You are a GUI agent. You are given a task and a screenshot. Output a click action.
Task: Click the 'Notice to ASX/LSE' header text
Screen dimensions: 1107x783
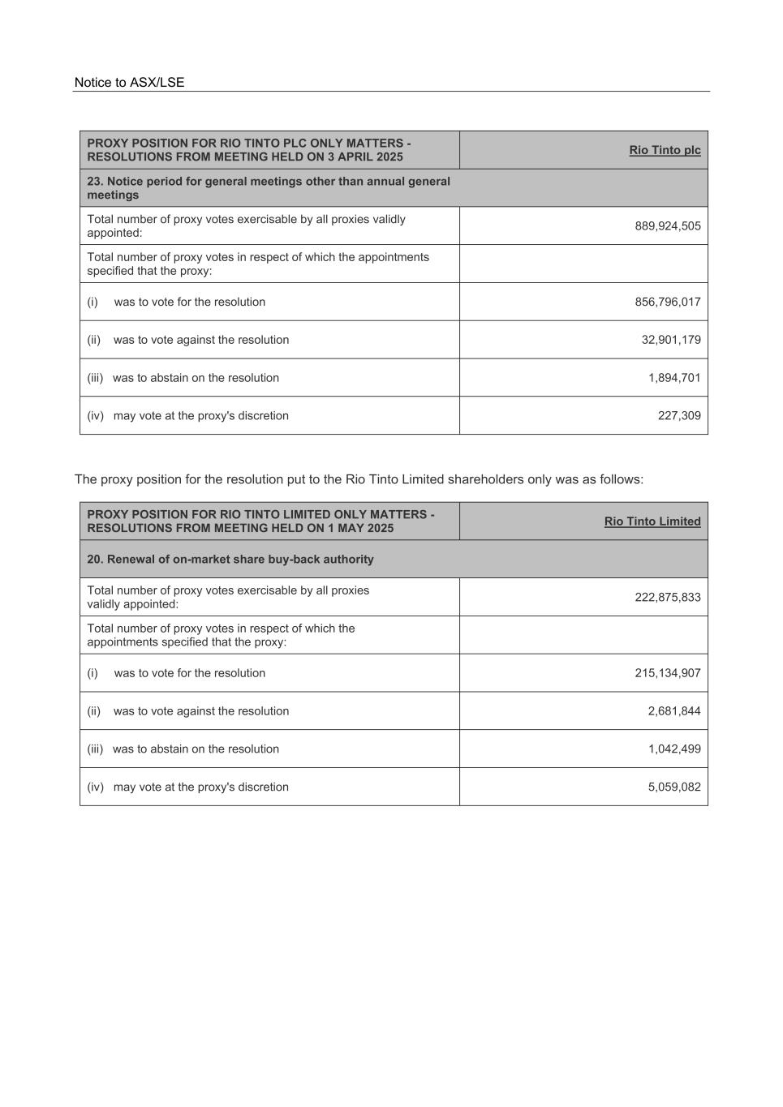coord(129,83)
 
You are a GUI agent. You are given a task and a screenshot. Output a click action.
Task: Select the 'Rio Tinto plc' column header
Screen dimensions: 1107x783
coord(665,150)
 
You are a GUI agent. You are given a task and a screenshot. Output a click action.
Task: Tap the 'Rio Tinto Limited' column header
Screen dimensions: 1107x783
coord(652,521)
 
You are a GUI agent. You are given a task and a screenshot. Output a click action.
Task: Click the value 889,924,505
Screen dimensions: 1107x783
coord(667,226)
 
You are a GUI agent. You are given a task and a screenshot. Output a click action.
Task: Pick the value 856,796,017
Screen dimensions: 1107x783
coord(667,302)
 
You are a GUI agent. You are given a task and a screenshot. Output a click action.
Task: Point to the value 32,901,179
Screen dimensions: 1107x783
coord(670,340)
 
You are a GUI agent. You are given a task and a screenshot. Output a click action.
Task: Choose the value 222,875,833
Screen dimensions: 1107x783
coord(667,598)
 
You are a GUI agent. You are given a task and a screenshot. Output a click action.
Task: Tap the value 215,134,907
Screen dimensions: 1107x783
coord(667,673)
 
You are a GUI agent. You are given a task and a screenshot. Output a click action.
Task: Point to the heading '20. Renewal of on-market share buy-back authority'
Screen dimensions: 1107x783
coord(230,560)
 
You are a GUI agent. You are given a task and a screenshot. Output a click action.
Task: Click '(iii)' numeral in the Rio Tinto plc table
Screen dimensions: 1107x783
coord(95,378)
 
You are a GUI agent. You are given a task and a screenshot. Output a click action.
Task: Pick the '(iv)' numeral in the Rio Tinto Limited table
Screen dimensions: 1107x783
coord(96,787)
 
